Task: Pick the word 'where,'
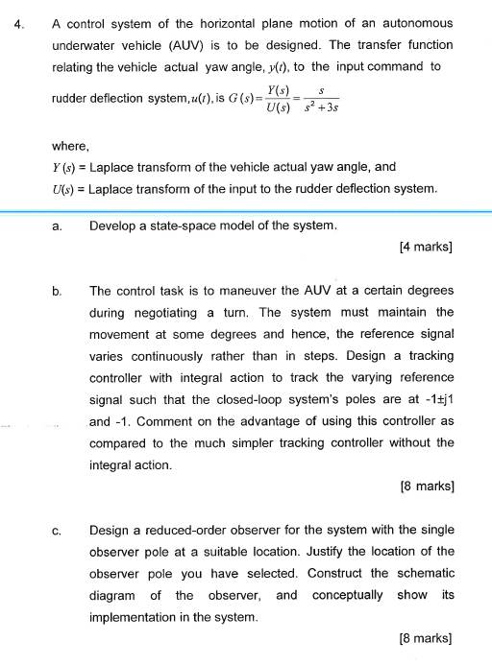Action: coord(70,147)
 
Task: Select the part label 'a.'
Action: coord(59,226)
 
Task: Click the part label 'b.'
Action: coord(59,289)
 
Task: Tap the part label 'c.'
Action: coord(59,529)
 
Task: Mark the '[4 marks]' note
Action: coord(425,248)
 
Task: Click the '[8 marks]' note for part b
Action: coord(425,487)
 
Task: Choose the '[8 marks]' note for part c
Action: coord(425,638)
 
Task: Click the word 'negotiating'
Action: coord(168,313)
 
